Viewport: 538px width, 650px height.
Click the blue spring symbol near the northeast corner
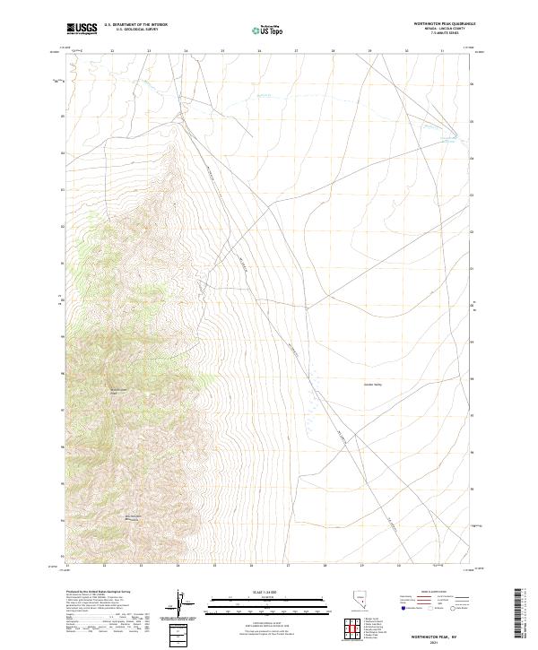click(x=454, y=135)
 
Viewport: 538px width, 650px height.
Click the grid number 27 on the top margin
click(x=296, y=51)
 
